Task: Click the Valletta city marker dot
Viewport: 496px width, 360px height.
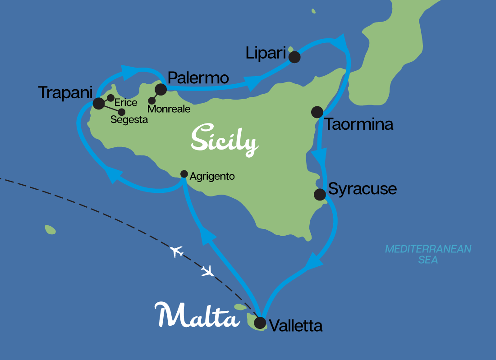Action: point(260,323)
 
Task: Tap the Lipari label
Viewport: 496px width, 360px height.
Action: point(266,53)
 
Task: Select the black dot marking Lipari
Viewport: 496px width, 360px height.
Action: point(294,57)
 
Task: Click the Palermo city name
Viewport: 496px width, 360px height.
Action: point(198,77)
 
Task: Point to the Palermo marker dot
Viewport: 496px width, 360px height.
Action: point(161,89)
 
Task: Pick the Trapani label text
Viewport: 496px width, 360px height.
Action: point(65,92)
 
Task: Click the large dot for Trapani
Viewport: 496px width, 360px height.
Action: point(98,104)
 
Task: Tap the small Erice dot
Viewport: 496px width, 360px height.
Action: point(110,98)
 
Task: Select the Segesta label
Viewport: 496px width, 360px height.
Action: point(129,120)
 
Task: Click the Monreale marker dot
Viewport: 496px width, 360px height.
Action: point(152,100)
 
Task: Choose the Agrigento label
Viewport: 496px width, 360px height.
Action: point(212,177)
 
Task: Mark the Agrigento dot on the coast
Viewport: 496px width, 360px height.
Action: point(184,174)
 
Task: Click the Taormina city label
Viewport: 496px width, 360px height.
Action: point(359,124)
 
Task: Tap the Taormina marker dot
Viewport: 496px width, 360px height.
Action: point(317,112)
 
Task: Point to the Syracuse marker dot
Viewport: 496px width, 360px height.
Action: point(320,195)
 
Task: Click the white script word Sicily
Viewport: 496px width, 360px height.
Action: point(224,140)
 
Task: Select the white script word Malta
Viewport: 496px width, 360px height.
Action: point(197,315)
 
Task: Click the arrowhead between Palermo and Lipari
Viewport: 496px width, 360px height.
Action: point(252,82)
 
